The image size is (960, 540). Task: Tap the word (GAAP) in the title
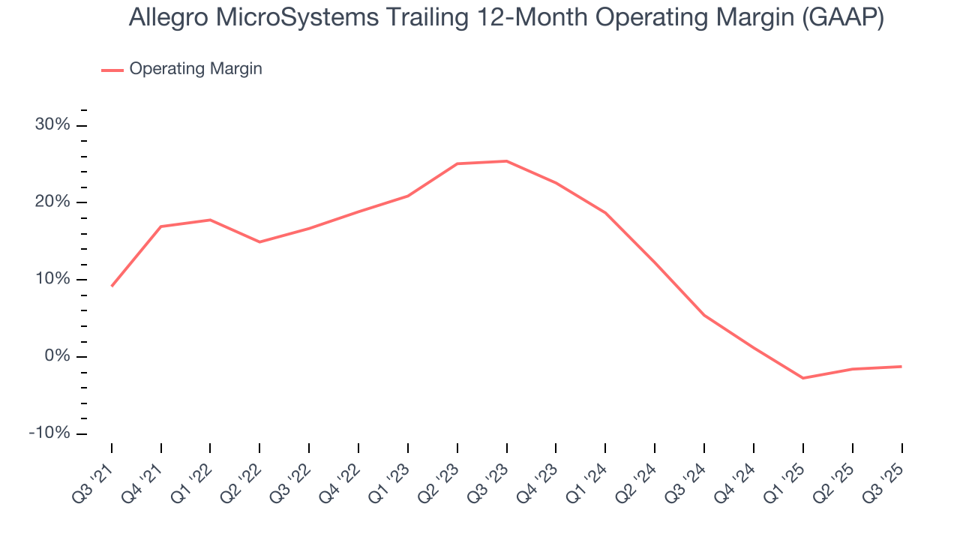(842, 18)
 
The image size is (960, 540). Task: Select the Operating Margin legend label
(196, 69)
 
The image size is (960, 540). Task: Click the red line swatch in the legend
(112, 70)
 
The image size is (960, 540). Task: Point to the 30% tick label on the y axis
(52, 125)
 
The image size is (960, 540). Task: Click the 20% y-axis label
(52, 202)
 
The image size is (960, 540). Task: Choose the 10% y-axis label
(52, 280)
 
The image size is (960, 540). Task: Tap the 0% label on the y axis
(57, 357)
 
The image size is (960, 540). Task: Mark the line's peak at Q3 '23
(507, 161)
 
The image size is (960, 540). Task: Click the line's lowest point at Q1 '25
(803, 378)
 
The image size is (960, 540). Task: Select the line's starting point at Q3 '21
(112, 286)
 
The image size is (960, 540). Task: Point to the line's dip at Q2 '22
(259, 241)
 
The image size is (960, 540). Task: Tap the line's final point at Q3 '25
(901, 367)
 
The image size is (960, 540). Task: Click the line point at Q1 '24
(605, 213)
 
